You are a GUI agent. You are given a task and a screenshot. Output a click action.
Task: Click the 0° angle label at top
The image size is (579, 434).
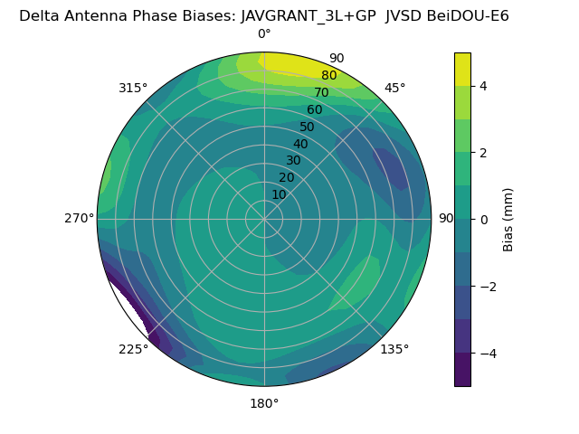point(264,34)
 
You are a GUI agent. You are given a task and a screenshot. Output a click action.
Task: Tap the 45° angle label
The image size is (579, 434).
point(394,88)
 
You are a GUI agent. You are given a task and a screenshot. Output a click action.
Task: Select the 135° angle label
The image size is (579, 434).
point(394,349)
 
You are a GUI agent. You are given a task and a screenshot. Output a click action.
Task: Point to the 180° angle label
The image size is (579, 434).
point(264,403)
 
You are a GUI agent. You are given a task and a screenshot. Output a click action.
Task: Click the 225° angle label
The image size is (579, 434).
point(133,349)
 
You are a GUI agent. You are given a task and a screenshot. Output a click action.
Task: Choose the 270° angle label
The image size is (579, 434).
point(79,218)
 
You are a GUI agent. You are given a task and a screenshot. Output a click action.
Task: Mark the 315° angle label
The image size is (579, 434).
point(133,88)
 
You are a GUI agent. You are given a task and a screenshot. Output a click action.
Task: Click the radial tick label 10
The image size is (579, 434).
point(279,194)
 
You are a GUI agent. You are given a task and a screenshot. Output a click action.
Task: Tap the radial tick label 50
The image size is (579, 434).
point(308,127)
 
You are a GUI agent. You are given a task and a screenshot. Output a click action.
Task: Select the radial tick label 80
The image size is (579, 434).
point(328,76)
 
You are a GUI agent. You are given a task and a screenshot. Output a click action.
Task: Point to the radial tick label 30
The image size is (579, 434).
point(293,161)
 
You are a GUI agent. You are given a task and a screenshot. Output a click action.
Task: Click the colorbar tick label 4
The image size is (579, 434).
point(483,86)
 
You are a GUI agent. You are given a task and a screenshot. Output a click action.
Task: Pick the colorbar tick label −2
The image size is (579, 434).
point(487,287)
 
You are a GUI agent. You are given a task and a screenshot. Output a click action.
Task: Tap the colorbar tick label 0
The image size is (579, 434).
point(483,220)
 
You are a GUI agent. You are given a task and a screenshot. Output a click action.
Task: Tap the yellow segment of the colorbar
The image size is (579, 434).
point(462,69)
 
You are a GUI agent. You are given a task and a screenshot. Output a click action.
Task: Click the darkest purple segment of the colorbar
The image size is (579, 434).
point(462,370)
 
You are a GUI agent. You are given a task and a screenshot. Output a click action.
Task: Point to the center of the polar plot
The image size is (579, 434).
point(264,219)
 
